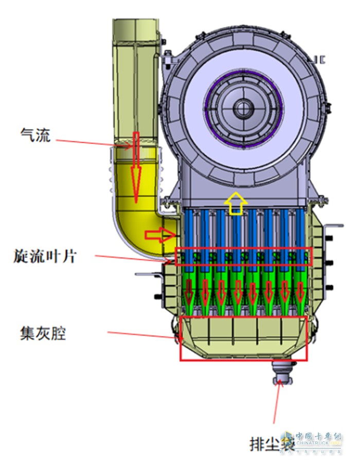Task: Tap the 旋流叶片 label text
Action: [45, 256]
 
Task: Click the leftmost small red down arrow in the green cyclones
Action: [189, 292]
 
